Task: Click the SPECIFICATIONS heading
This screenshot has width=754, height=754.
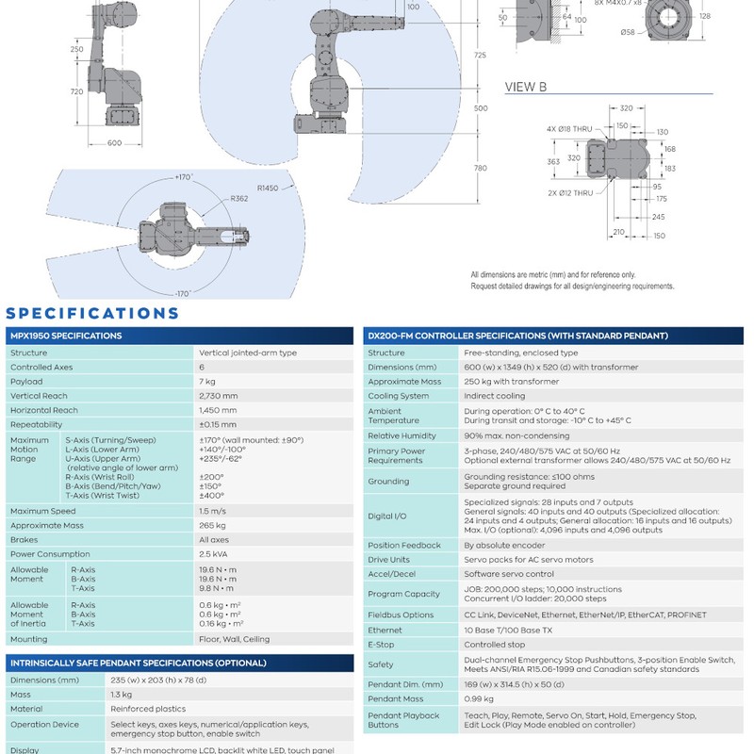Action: pos(92,314)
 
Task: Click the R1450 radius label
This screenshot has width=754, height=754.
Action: pos(268,188)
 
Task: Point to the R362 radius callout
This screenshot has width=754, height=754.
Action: pos(239,199)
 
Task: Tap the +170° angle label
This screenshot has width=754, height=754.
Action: pos(184,177)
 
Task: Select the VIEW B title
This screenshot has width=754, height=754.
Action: pos(526,87)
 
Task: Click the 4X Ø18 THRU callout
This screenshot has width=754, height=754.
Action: pos(569,129)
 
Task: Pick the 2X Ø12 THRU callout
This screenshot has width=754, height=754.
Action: pos(570,193)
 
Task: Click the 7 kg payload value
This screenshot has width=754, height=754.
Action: pos(207,382)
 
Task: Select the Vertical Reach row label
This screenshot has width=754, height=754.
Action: pos(39,396)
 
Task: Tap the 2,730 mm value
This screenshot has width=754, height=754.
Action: pos(219,396)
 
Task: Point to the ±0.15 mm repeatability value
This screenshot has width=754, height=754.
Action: pos(218,425)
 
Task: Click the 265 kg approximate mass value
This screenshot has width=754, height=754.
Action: pos(212,526)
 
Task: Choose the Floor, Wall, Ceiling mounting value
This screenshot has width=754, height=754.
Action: pos(234,639)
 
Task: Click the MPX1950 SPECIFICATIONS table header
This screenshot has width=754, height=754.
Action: pos(66,336)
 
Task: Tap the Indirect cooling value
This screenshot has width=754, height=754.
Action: pos(494,396)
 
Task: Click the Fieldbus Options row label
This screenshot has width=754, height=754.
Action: pos(401,615)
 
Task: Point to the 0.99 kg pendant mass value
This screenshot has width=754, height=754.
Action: pos(479,698)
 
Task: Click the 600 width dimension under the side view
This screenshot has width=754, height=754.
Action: pos(114,143)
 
